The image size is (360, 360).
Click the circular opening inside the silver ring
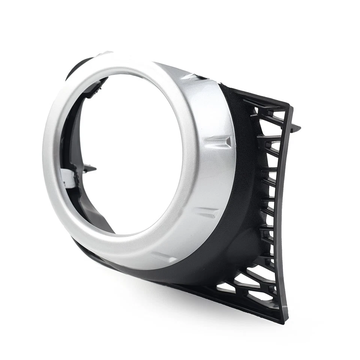tap(131, 154)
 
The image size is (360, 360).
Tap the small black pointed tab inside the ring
tap(90, 168)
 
